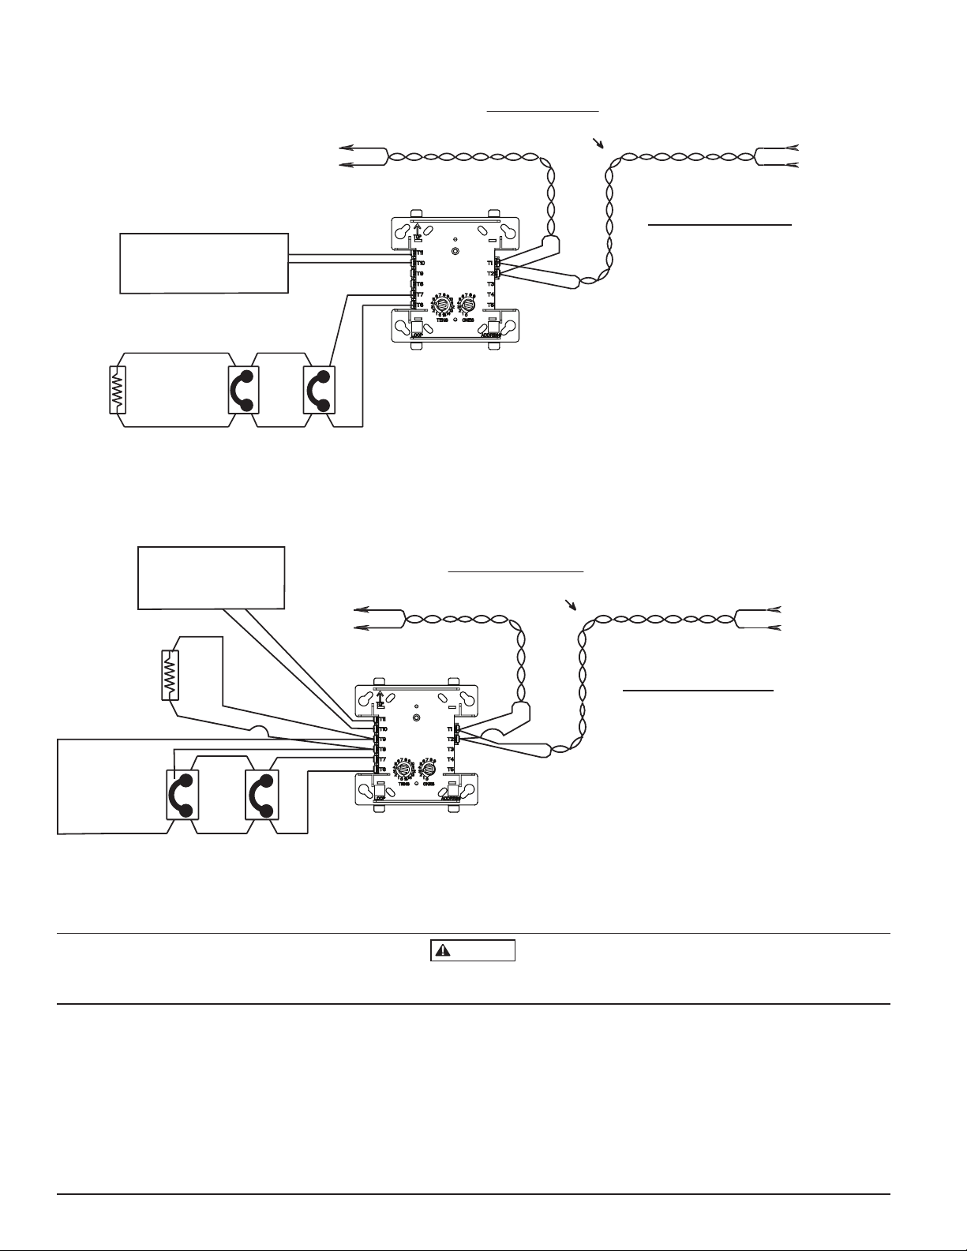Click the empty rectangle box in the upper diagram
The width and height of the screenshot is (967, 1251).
click(204, 264)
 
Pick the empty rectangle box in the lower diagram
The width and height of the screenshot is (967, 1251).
click(211, 577)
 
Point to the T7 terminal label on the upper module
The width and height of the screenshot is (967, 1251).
click(420, 294)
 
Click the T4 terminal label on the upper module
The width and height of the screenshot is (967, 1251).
click(490, 294)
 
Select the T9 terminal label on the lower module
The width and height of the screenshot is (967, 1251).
click(382, 739)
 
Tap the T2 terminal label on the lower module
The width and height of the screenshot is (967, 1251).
click(451, 739)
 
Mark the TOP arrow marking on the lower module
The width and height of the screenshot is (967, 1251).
click(380, 698)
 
